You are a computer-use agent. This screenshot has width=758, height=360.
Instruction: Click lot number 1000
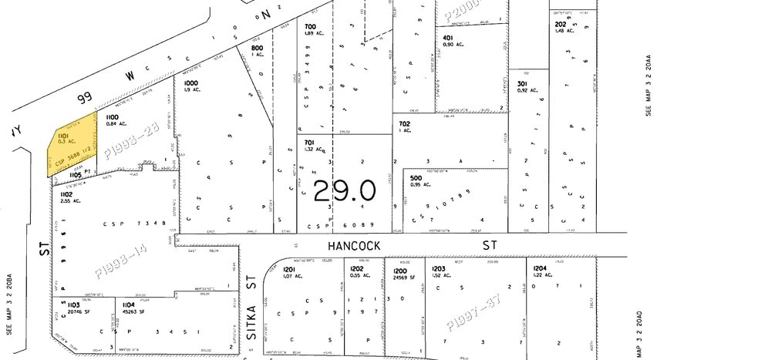pos(190,82)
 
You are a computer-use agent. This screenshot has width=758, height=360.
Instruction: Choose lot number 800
pos(257,48)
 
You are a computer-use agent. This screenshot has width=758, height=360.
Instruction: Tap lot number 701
pos(308,143)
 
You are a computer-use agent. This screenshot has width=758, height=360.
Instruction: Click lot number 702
pos(404,123)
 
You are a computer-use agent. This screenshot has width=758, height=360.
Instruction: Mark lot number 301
pos(522,84)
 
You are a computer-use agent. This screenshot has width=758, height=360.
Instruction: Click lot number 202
pos(561,24)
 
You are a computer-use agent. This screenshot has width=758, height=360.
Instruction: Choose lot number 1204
pos(539,269)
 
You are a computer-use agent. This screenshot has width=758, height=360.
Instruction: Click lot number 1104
pos(128,306)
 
